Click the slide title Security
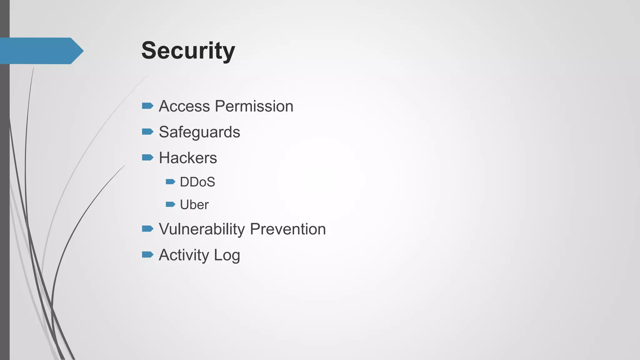(x=188, y=51)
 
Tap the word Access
(x=184, y=106)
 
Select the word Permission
(x=254, y=106)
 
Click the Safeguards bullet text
(x=199, y=132)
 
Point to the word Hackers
(x=188, y=158)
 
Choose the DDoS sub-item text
(x=197, y=182)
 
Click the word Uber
(x=194, y=205)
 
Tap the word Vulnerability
(x=202, y=229)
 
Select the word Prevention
(x=288, y=229)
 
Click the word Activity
(x=184, y=255)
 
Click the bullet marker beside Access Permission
(x=147, y=106)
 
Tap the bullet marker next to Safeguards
(x=147, y=132)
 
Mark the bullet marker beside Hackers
(x=147, y=157)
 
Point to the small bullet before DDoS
(x=170, y=182)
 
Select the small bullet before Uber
(x=170, y=204)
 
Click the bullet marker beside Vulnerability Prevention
(x=147, y=229)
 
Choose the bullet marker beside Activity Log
(x=147, y=255)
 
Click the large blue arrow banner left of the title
(x=41, y=51)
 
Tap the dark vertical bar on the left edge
(x=5, y=200)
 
